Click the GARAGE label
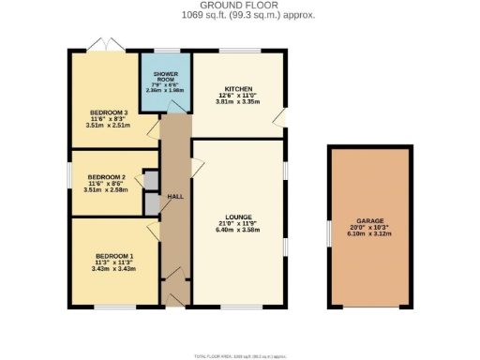tap(369, 221)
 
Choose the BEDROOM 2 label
tap(106, 176)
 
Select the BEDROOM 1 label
tap(113, 256)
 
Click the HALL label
tap(174, 197)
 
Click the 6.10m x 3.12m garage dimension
tap(369, 234)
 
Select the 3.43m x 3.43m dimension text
tap(113, 269)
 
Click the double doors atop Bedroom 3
tap(103, 44)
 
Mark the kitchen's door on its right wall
tap(280, 116)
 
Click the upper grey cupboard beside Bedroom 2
tap(150, 180)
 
